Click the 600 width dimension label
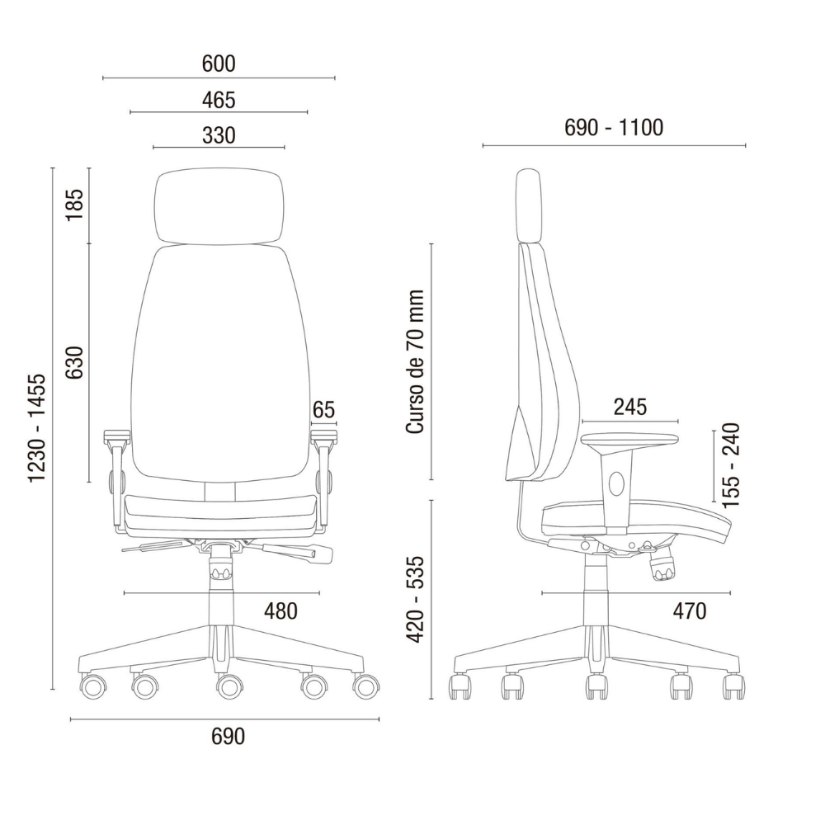[x=219, y=64]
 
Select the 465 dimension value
[x=219, y=100]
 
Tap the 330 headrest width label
[x=219, y=135]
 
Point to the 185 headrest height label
[x=74, y=205]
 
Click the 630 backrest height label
[x=74, y=362]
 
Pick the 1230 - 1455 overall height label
[x=37, y=427]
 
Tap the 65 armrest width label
[x=323, y=409]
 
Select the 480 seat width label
[x=280, y=610]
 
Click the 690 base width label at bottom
[x=228, y=737]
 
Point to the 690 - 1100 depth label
[x=614, y=127]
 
